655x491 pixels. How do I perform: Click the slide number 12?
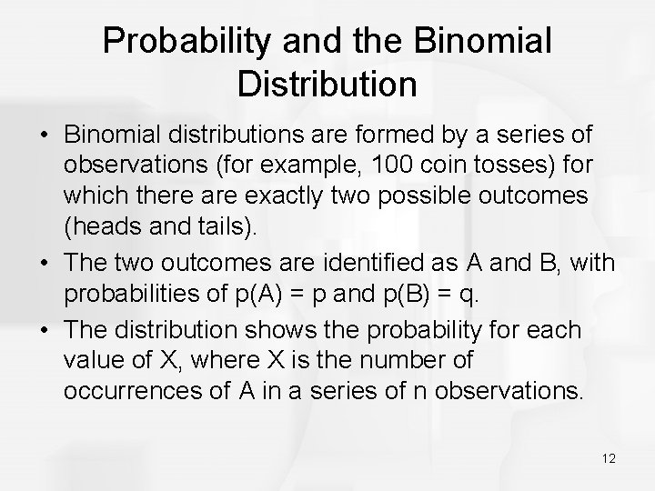tap(608, 458)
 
